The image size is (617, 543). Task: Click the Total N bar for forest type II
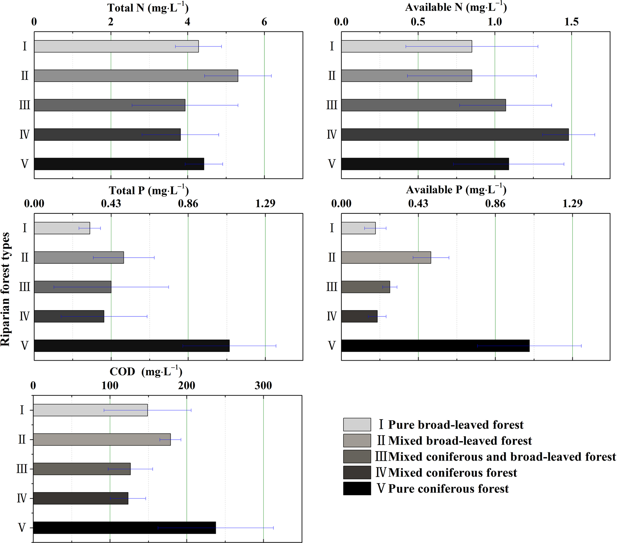tap(136, 76)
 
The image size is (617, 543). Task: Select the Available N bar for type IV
tap(455, 134)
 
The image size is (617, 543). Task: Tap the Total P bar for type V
tap(131, 346)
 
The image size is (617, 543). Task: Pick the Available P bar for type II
tap(386, 258)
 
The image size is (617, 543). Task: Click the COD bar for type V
tap(124, 528)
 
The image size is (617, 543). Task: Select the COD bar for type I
tap(90, 410)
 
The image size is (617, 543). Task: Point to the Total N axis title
tap(148, 8)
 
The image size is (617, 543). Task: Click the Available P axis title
tap(456, 190)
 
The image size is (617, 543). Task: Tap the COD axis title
tap(146, 371)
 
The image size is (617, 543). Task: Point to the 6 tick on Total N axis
tap(264, 22)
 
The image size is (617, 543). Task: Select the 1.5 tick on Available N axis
tap(571, 22)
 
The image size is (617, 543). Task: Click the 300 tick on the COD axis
tap(263, 386)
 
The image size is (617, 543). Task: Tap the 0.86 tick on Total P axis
tap(188, 204)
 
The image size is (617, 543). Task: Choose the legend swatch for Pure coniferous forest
tap(357, 489)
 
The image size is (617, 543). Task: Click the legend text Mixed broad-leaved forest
tap(460, 441)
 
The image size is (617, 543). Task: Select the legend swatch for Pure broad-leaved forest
tap(357, 425)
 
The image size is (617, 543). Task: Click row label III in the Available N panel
tap(332, 105)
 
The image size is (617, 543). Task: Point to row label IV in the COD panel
tap(22, 498)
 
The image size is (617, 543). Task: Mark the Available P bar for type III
tap(365, 287)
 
